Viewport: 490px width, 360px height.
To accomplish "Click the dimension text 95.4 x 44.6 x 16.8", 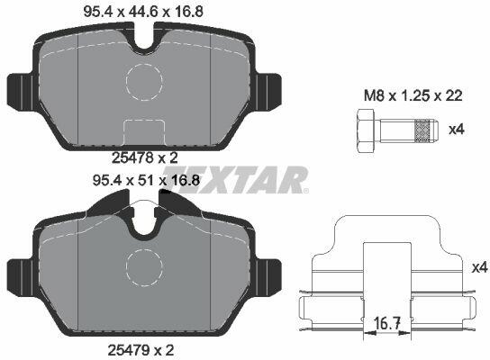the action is click(x=143, y=12).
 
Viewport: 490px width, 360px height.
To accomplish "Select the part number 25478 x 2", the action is click(x=145, y=158).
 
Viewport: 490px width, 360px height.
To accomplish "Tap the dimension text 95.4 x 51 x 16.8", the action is click(x=146, y=181).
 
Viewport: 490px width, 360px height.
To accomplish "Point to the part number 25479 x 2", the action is click(x=141, y=350).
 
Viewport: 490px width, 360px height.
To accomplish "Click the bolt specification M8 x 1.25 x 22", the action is click(x=413, y=96).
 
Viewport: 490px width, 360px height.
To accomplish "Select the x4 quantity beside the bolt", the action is click(x=457, y=130).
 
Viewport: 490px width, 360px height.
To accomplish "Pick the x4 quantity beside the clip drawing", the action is click(x=480, y=267).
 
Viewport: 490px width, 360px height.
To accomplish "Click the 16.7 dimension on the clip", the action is click(x=387, y=323).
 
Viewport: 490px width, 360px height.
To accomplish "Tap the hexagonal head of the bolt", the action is click(x=366, y=131).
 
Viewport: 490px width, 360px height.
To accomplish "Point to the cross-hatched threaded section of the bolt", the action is click(x=422, y=131).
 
